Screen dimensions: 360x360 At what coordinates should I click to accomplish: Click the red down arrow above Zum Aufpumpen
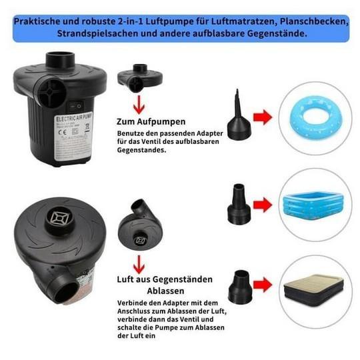(x=139, y=102)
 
